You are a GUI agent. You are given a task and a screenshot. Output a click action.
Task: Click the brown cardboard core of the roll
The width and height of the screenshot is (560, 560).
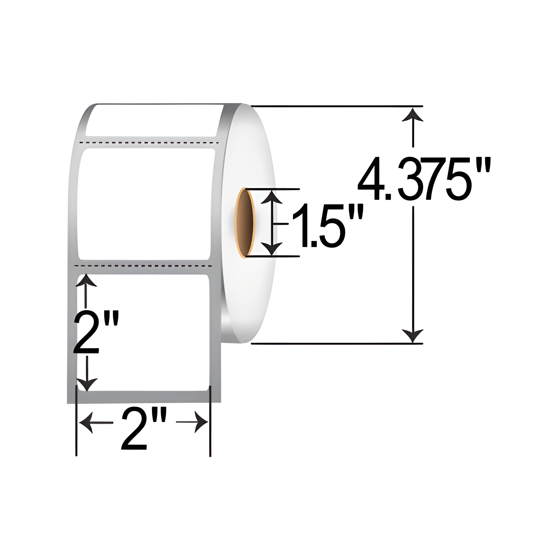pos(245,222)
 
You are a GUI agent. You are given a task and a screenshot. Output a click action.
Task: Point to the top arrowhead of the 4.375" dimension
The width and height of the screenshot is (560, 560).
pos(413,115)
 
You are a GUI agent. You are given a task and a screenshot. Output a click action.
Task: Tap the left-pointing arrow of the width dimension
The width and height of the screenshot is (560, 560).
pos(87,422)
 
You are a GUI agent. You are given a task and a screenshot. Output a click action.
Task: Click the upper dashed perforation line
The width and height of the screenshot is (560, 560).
pos(149,143)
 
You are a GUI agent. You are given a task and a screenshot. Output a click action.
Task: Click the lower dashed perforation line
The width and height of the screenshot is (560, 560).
pos(143,265)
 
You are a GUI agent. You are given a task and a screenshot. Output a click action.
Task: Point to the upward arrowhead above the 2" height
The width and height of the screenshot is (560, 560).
pos(86,280)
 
